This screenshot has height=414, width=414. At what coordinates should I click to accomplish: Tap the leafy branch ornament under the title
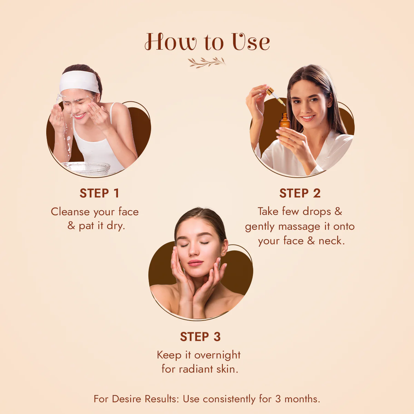pyautogui.click(x=207, y=62)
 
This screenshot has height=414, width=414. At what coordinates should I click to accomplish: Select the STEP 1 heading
pyautogui.click(x=99, y=193)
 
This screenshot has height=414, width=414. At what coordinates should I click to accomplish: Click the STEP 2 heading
pyautogui.click(x=300, y=193)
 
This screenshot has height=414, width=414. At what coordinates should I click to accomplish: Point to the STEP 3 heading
pyautogui.click(x=200, y=337)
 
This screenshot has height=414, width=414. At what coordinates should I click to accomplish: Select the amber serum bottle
pyautogui.click(x=285, y=122)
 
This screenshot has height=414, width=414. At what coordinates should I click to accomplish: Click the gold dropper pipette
pyautogui.click(x=275, y=96)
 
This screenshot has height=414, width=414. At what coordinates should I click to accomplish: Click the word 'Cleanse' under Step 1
pyautogui.click(x=70, y=212)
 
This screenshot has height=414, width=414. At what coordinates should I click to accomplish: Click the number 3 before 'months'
pyautogui.click(x=278, y=399)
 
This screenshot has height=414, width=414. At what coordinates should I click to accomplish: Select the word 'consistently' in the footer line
pyautogui.click(x=229, y=399)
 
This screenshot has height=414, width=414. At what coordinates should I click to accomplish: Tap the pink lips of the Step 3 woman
pyautogui.click(x=195, y=263)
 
